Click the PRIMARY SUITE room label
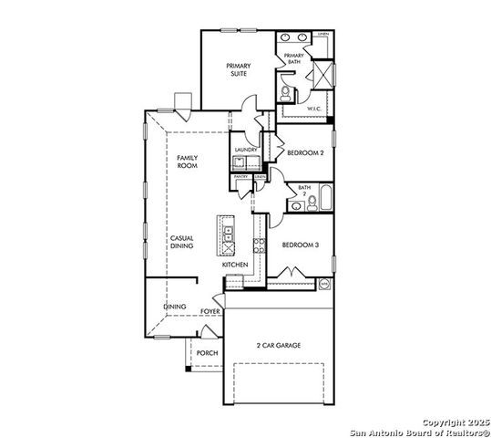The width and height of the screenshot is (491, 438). click(x=239, y=69)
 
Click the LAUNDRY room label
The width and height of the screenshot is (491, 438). click(x=245, y=149)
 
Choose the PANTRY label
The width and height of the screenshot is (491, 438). click(x=241, y=176)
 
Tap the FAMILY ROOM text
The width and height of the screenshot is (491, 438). click(x=187, y=162)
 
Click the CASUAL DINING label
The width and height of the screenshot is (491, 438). click(x=181, y=242)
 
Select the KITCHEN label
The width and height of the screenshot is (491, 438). click(x=235, y=265)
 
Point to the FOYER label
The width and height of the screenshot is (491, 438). click(x=210, y=311)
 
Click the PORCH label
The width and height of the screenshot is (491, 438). click(x=207, y=352)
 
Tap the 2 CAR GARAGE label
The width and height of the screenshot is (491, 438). click(x=278, y=346)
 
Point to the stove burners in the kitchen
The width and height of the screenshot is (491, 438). click(x=259, y=244)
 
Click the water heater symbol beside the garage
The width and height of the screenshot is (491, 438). click(x=323, y=285)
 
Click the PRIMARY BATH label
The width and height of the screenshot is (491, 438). click(x=293, y=58)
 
